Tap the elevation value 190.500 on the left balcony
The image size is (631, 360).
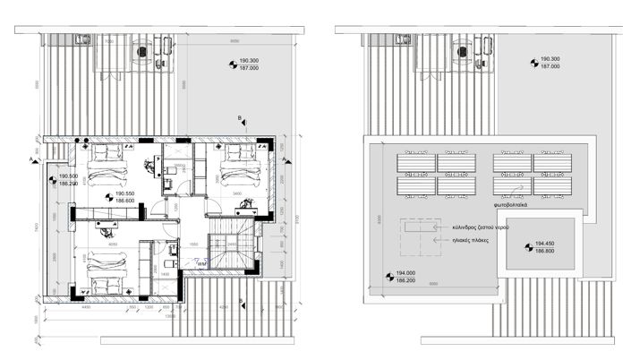[67, 176]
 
